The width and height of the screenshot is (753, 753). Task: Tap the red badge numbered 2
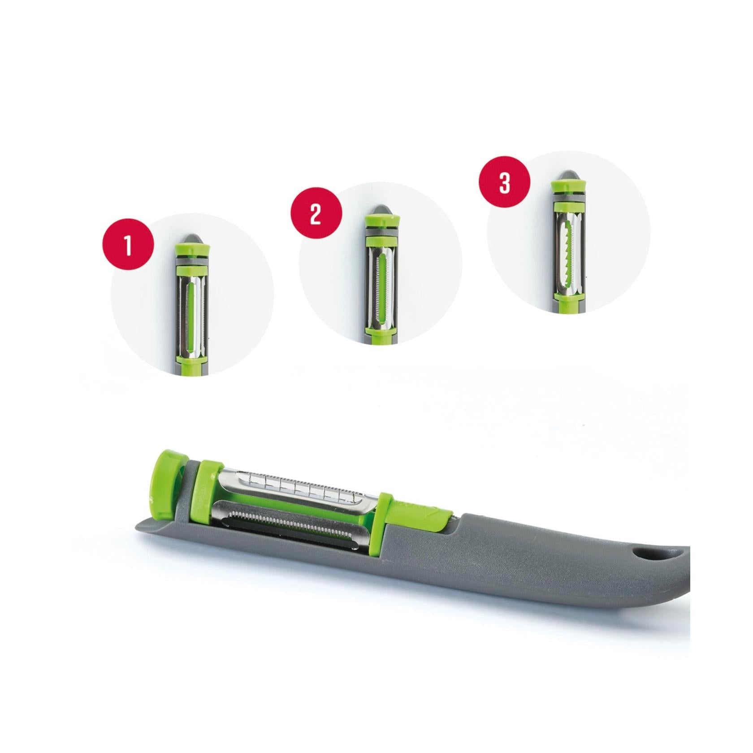316,215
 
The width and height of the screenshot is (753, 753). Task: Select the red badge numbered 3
505,183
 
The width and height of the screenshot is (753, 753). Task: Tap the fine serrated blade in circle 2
381,289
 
